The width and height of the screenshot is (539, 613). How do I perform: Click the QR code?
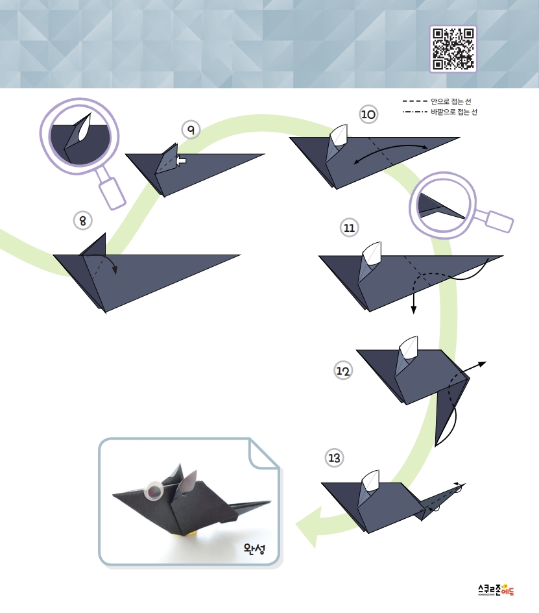click(453, 49)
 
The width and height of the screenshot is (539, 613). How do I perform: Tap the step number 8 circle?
click(83, 221)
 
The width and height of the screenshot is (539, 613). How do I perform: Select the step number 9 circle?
click(191, 129)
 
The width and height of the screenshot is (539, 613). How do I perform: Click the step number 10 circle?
click(368, 114)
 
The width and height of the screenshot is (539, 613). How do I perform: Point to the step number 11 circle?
click(349, 227)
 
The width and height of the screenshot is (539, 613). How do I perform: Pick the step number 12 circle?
click(343, 371)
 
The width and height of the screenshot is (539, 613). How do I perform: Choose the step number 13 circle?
click(334, 458)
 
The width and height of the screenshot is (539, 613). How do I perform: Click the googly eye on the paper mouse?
click(154, 491)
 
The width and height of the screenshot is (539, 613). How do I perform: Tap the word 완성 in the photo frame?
click(254, 549)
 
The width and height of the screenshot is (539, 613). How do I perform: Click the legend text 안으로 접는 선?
click(451, 101)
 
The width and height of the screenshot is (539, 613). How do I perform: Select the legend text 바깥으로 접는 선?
click(454, 112)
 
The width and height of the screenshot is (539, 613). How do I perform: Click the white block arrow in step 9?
click(181, 160)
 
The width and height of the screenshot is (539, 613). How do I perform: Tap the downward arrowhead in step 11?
click(414, 310)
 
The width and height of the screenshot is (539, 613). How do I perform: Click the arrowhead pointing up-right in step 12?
click(483, 364)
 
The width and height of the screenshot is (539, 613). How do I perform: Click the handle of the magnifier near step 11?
click(498, 221)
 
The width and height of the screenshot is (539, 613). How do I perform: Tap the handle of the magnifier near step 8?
click(112, 193)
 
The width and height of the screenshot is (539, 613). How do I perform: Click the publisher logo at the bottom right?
click(496, 590)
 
